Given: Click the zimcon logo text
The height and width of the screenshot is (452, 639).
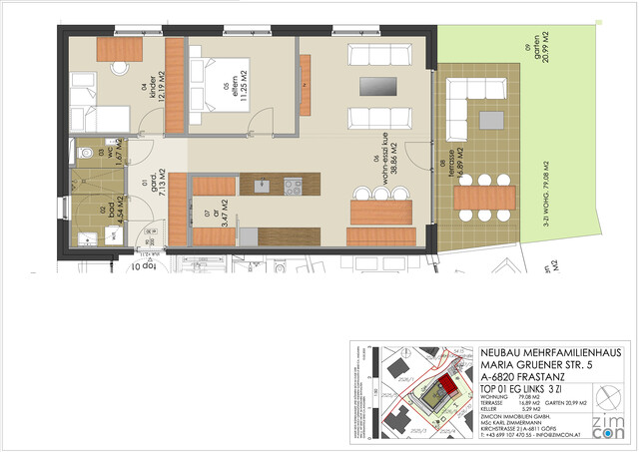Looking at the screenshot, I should [x=608, y=423].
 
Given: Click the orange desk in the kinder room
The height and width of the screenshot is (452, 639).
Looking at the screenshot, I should [x=119, y=48].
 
